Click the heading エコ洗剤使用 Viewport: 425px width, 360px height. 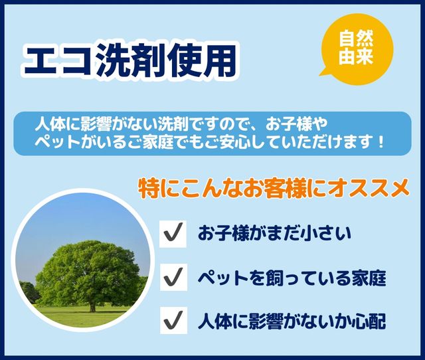130,61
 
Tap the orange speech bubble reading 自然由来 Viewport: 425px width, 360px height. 357,49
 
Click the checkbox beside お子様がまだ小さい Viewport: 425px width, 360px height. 173,234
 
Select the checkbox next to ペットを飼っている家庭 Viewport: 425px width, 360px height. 173,277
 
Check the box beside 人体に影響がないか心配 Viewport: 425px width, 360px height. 173,320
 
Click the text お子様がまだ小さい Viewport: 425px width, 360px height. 274,234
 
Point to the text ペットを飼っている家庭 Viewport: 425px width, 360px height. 292,278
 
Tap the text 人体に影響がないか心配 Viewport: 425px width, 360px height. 292,321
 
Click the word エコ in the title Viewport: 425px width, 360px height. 58,62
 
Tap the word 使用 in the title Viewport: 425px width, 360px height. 201,61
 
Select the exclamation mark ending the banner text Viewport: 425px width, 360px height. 381,141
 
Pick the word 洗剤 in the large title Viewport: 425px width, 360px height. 129,61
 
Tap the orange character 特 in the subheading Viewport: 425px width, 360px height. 149,189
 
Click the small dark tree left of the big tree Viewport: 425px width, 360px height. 28,292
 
